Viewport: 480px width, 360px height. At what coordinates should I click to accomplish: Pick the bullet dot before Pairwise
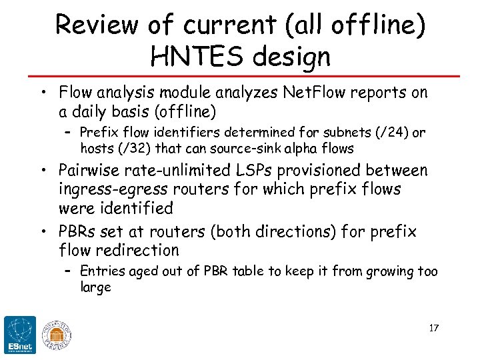coord(43,171)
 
